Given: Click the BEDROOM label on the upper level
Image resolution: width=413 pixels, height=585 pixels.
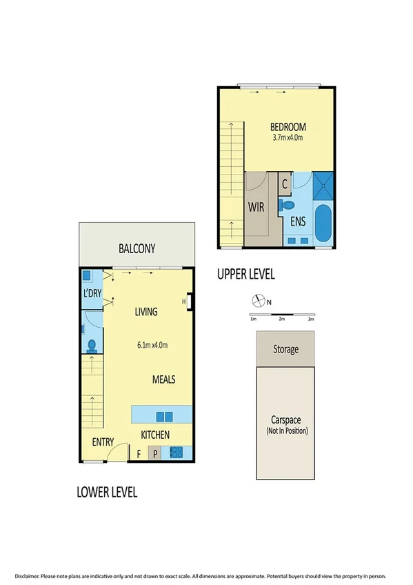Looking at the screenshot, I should (288, 128).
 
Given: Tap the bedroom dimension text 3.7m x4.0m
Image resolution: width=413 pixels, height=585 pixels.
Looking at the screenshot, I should (288, 138).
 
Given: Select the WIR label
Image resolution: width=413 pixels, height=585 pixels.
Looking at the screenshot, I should (256, 207).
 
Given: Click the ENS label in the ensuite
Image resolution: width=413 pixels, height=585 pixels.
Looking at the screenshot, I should (298, 221).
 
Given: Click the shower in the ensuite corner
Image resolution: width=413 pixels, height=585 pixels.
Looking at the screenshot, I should (323, 185).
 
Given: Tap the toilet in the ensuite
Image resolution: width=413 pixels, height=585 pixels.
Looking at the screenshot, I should (286, 205).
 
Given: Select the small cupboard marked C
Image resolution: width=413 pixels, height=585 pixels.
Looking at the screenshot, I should (285, 185).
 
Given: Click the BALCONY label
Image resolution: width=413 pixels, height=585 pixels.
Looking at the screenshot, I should (137, 248).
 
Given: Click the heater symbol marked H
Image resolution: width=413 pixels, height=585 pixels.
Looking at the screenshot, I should (185, 301).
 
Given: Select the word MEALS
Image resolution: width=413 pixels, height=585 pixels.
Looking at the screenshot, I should (164, 379).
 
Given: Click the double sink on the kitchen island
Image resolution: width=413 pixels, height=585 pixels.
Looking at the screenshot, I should (164, 416).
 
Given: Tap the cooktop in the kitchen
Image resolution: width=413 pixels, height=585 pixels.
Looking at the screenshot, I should (176, 453).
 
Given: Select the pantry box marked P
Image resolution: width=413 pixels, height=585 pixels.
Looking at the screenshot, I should (155, 454).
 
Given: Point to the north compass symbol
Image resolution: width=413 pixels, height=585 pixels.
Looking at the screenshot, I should (258, 301).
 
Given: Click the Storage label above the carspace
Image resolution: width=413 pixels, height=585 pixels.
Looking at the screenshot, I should (285, 349).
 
